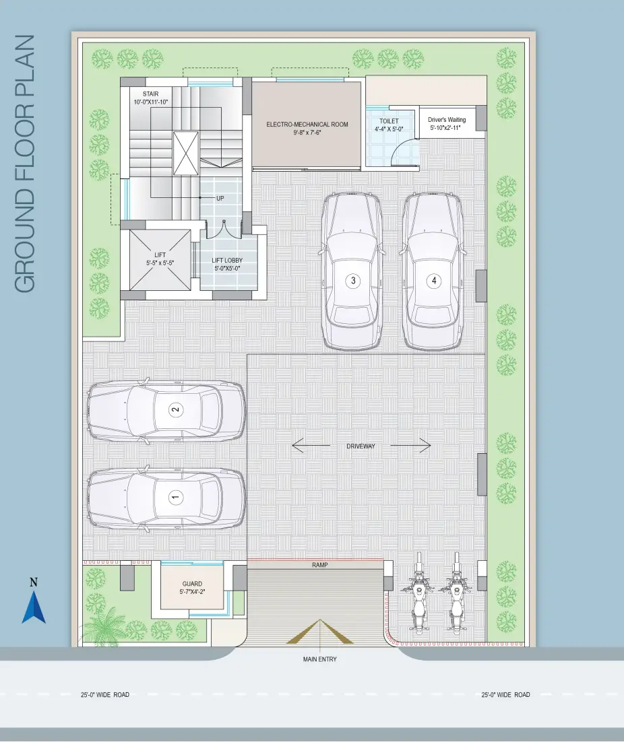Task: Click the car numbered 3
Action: click(x=352, y=271)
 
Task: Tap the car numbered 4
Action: click(x=433, y=271)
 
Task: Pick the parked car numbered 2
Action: click(x=166, y=410)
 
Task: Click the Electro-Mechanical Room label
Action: click(x=307, y=128)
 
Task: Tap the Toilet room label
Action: click(x=389, y=125)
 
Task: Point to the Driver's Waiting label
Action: click(x=447, y=123)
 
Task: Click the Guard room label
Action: click(x=192, y=587)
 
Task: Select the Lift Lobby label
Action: click(x=227, y=264)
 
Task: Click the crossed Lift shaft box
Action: click(x=160, y=259)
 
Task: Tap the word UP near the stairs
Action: click(x=220, y=198)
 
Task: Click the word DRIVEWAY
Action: click(x=361, y=446)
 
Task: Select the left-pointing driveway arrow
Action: click(x=311, y=445)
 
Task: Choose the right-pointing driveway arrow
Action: click(x=410, y=445)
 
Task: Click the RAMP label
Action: click(x=320, y=565)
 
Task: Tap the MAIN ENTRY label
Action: click(x=320, y=659)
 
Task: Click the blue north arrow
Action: click(x=34, y=607)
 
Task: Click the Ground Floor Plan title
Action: click(x=25, y=164)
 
